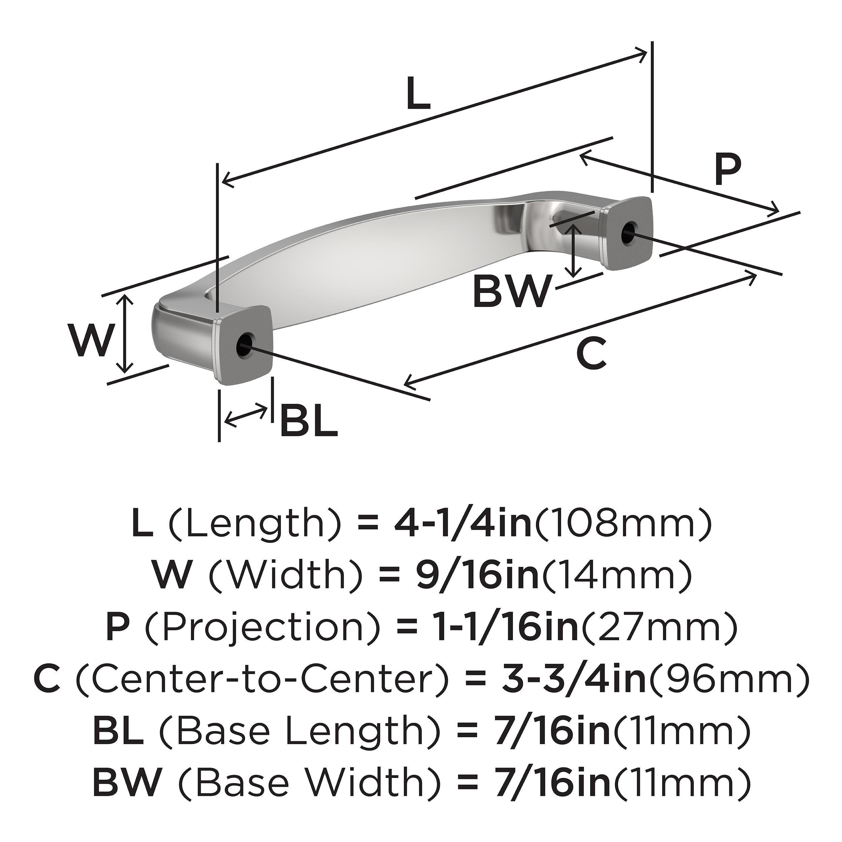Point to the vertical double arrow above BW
coord(575,251)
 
